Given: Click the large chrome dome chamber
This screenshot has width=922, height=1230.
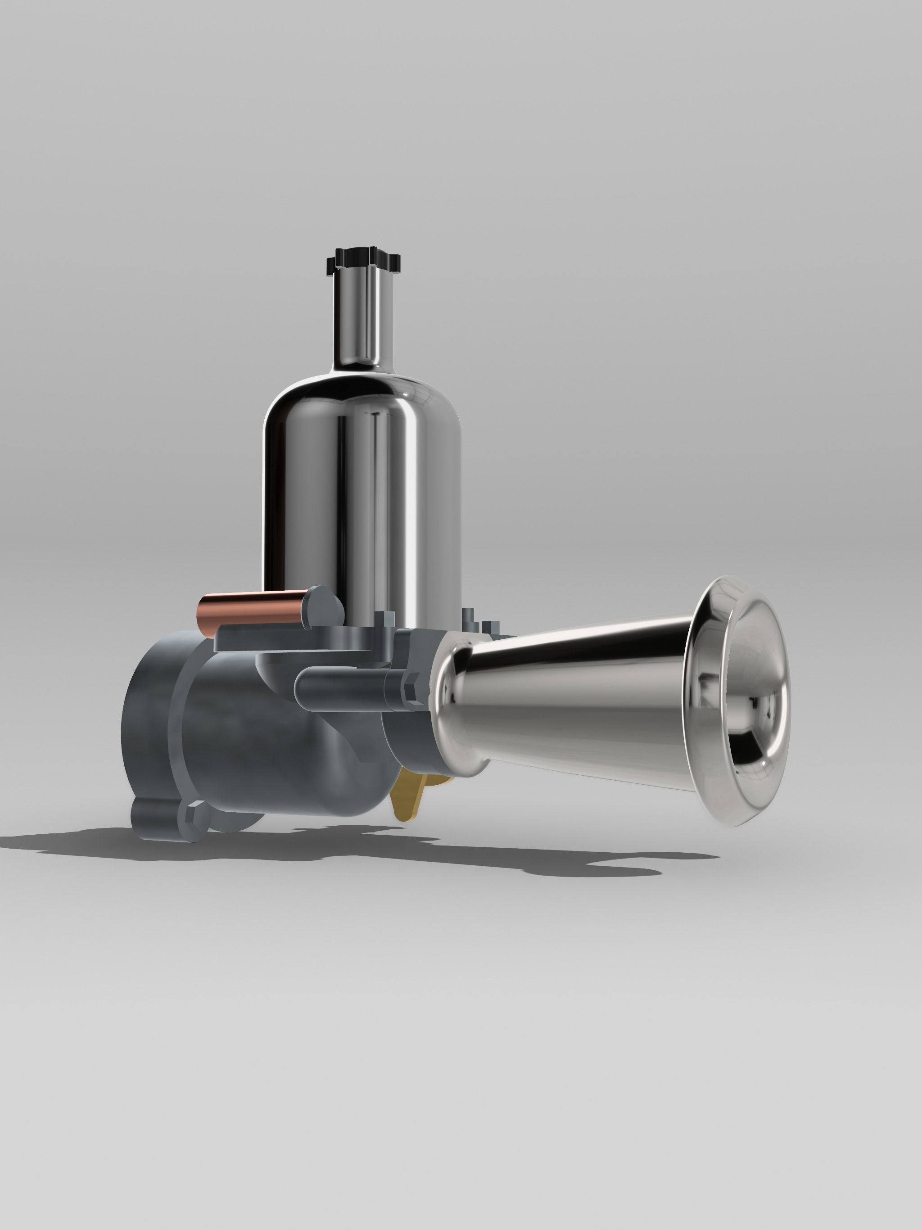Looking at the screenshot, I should [x=362, y=484].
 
